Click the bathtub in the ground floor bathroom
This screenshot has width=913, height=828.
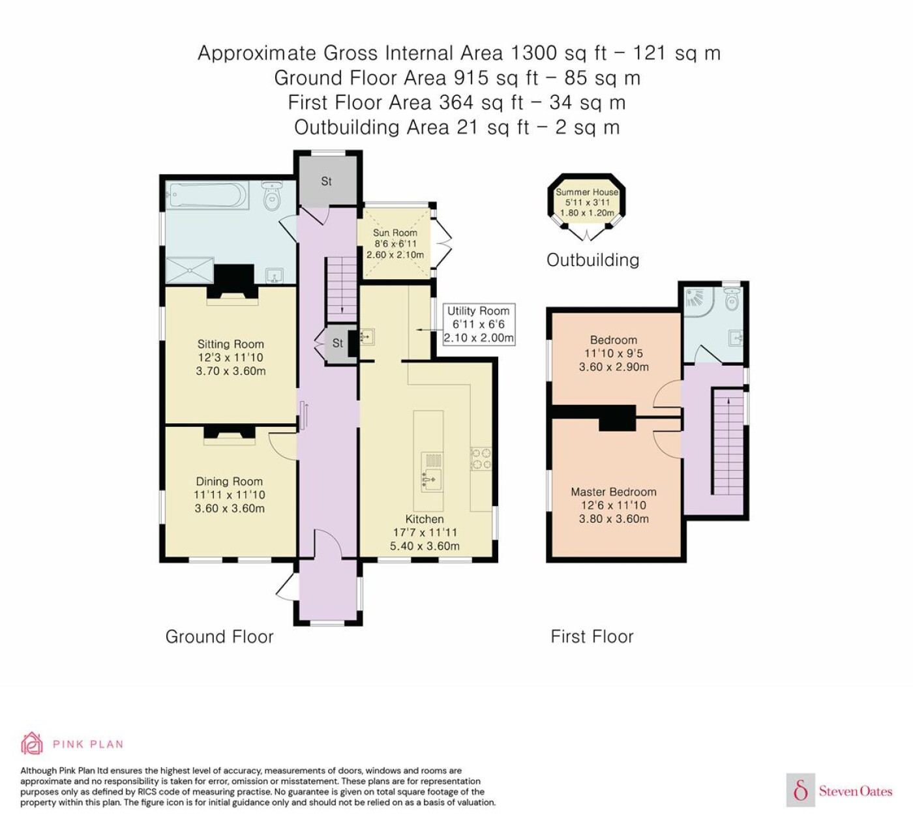[x=207, y=195]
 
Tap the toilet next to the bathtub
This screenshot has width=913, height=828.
[x=272, y=196]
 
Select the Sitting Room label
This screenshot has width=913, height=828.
[x=231, y=344]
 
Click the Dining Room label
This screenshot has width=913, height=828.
[x=230, y=481]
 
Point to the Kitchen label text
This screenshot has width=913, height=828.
[x=425, y=519]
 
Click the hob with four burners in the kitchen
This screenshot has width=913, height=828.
[x=481, y=458]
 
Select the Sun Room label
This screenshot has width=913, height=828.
[x=395, y=232]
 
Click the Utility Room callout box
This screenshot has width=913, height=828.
[x=479, y=324]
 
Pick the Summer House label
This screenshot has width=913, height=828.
[x=587, y=192]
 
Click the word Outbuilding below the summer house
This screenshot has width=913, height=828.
[x=593, y=260]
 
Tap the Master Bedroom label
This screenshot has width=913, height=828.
[x=614, y=492]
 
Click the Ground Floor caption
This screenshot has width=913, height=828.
[x=219, y=636]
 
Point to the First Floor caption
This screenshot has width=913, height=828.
[x=592, y=636]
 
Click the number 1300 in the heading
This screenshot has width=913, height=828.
[x=534, y=53]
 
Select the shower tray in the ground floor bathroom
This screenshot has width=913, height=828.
[x=190, y=271]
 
